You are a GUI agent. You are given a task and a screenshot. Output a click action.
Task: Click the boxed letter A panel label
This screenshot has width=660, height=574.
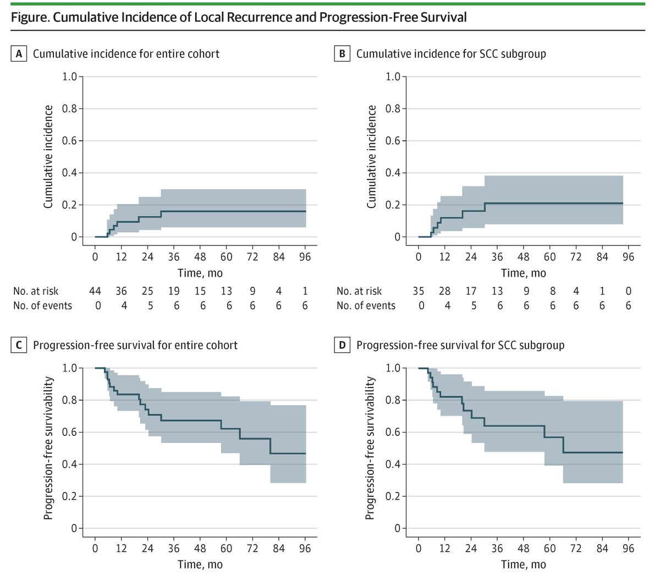(x=19, y=54)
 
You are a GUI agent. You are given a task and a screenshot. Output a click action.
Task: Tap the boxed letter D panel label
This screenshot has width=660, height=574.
(x=343, y=346)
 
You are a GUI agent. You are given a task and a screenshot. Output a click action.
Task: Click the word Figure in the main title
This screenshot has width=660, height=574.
(x=30, y=18)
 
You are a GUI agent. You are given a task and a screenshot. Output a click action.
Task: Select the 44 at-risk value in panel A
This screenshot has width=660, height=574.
(x=95, y=291)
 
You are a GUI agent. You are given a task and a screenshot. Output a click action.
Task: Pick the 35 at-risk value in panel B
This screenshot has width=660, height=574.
(x=419, y=291)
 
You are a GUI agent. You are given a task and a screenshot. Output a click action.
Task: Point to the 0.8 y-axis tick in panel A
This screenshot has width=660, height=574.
(x=70, y=108)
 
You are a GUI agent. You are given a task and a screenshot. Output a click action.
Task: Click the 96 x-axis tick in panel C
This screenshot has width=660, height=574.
(x=305, y=548)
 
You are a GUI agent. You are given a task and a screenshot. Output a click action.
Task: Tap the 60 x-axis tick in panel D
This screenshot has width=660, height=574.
(x=549, y=548)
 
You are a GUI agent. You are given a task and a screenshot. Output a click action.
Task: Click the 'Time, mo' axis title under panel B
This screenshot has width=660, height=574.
(x=523, y=273)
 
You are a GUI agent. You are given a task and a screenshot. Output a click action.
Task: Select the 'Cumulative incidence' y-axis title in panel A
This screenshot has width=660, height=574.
(x=48, y=157)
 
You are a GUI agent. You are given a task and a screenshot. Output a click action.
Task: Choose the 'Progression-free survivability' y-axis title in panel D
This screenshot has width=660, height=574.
(x=370, y=448)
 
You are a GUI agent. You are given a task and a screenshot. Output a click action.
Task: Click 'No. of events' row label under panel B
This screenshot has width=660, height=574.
(x=366, y=306)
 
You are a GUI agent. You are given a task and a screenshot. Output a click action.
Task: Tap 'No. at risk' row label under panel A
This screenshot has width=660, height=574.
(x=36, y=291)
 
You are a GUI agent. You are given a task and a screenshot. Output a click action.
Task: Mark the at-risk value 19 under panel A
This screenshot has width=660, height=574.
(x=174, y=291)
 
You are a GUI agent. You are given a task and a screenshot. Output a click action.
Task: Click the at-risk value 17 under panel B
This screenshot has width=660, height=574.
(x=471, y=291)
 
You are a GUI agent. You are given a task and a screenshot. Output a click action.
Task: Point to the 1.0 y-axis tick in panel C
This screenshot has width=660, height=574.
(x=70, y=368)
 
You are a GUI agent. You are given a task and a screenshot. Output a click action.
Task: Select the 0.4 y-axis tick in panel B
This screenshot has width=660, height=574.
(x=393, y=173)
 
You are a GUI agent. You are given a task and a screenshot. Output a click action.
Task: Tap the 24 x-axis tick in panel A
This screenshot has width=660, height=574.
(x=147, y=256)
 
